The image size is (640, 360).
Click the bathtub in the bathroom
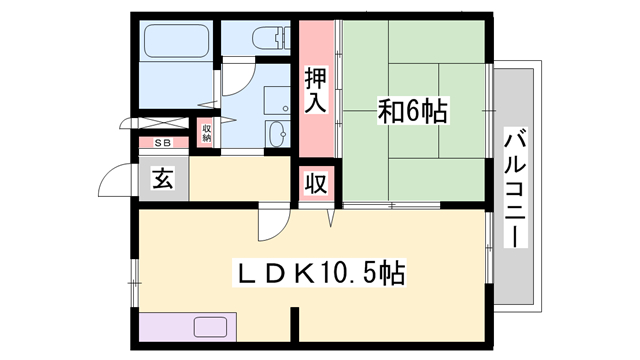pyautogui.click(x=176, y=41)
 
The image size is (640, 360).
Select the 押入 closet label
pyautogui.click(x=316, y=89)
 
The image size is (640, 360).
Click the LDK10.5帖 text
pyautogui.click(x=319, y=272)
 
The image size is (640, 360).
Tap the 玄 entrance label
pyautogui.click(x=161, y=181)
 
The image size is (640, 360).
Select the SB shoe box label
pyautogui.click(x=161, y=143)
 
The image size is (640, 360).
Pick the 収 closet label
pyautogui.click(x=316, y=185)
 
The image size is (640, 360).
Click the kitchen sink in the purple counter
pyautogui.click(x=211, y=327)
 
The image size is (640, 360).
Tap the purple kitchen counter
pyautogui.click(x=187, y=328)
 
